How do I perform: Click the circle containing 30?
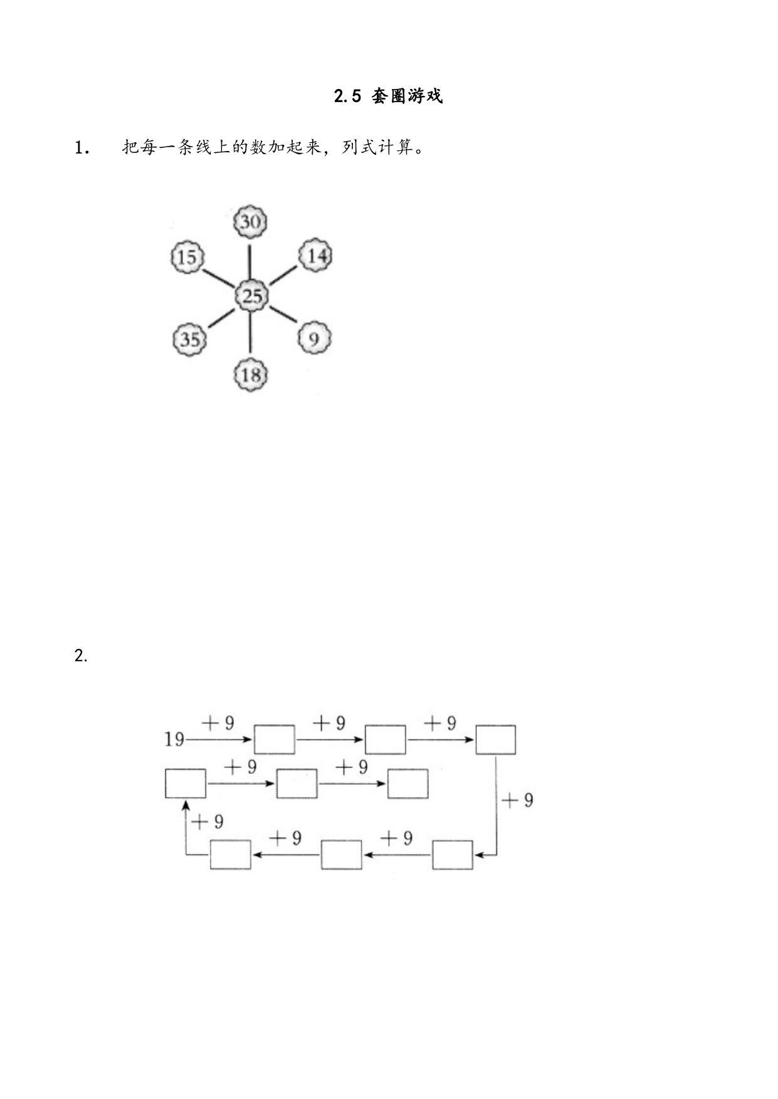tap(251, 222)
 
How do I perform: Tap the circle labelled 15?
tap(187, 257)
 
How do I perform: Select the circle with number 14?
tap(315, 256)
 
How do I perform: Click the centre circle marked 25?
tap(251, 295)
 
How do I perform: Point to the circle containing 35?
tap(189, 339)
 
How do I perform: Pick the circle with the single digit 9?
tap(313, 338)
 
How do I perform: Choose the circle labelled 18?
tap(251, 375)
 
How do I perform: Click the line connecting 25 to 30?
tap(250, 260)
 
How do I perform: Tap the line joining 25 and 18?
tap(250, 333)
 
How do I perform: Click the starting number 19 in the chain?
tap(174, 740)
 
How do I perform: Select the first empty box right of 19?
tap(274, 740)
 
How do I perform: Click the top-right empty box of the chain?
tap(496, 740)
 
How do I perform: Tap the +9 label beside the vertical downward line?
tap(518, 800)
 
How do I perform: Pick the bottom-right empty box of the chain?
tap(453, 855)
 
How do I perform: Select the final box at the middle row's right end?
tap(407, 784)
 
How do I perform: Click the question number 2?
tap(80, 656)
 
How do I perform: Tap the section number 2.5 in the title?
tap(348, 96)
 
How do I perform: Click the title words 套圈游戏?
tap(407, 96)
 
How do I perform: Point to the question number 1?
tap(81, 148)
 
